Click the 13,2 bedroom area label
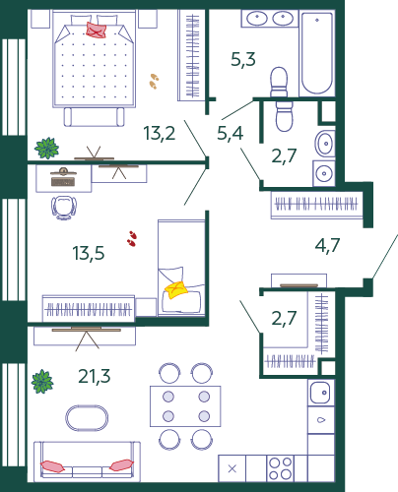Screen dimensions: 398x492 (x=160, y=133)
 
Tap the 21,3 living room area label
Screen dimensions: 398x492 (x=95, y=376)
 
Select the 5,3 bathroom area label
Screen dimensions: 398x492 (x=243, y=60)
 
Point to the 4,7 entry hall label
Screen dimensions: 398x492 (x=327, y=245)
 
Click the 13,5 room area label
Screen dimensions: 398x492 (x=89, y=253)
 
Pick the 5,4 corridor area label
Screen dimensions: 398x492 (x=231, y=133)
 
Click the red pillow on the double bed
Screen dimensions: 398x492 (x=96, y=30)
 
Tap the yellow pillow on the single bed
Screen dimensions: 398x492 (x=176, y=290)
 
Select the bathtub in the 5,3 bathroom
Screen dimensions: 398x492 (x=317, y=53)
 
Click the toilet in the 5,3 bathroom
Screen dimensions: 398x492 (x=279, y=81)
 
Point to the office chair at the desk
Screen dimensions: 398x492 (x=64, y=208)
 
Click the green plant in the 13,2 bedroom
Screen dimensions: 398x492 (x=47, y=149)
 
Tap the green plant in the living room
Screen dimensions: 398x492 (x=42, y=382)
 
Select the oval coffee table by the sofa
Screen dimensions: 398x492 (x=87, y=418)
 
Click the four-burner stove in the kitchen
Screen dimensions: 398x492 (x=280, y=468)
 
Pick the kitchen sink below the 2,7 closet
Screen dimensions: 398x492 (x=321, y=393)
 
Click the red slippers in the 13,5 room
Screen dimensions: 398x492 (x=132, y=238)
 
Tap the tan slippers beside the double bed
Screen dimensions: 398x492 (x=154, y=82)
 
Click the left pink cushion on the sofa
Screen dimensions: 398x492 (x=52, y=466)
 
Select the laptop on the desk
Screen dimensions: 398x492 (x=63, y=177)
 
